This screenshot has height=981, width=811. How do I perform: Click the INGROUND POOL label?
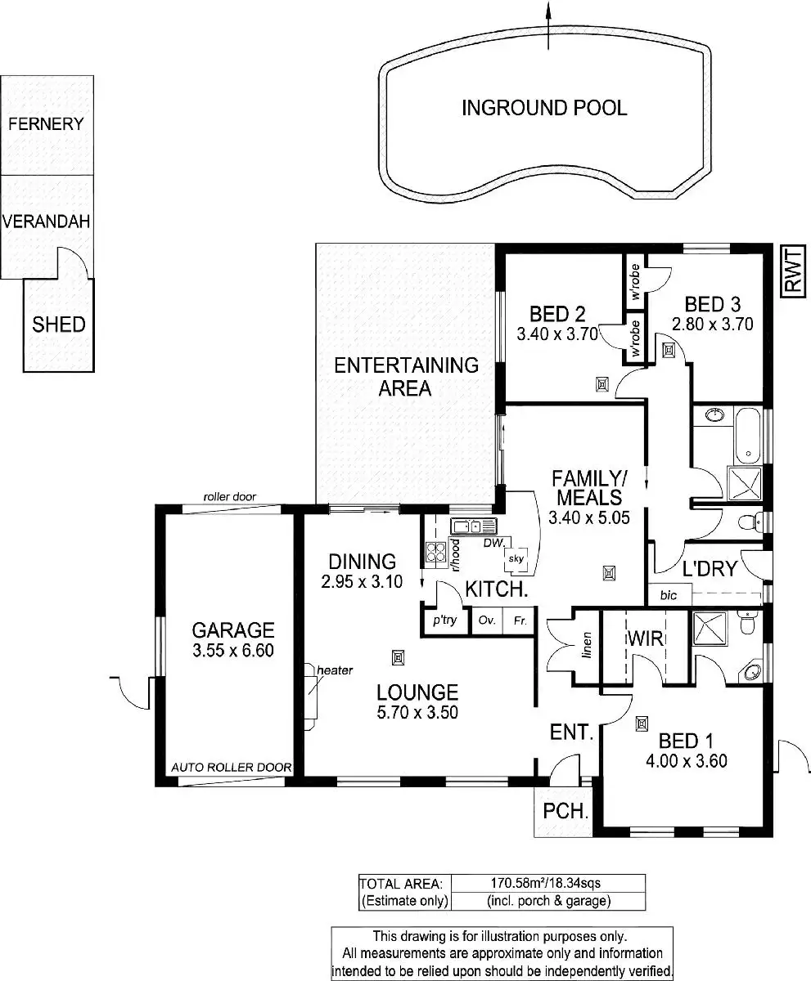[544, 108]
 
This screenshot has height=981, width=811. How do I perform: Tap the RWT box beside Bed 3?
[791, 271]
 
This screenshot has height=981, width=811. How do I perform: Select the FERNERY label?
[46, 124]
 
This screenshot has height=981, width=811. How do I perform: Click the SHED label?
[58, 325]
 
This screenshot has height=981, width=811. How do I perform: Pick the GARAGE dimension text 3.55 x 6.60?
[232, 651]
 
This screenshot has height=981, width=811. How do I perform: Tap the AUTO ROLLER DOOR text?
[232, 768]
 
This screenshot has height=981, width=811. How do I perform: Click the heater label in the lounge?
[335, 670]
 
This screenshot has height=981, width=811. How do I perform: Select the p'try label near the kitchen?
[444, 620]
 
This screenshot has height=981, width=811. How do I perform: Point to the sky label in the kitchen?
[516, 558]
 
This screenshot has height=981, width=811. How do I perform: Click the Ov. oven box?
[487, 620]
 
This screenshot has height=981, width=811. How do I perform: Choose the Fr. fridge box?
[519, 620]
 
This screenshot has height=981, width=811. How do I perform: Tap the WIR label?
[645, 638]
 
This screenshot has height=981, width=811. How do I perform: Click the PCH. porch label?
[566, 812]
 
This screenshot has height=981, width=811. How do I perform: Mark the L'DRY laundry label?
[710, 569]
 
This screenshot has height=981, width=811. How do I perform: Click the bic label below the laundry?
[669, 596]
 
